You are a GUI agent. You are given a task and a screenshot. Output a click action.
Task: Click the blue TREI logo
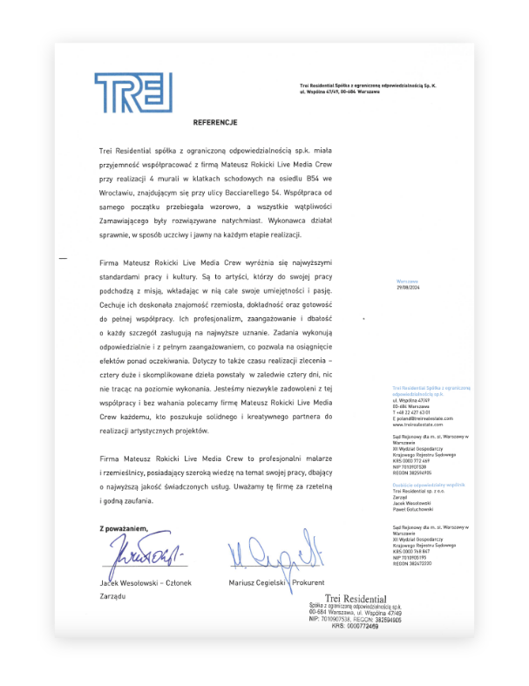tap(133, 92)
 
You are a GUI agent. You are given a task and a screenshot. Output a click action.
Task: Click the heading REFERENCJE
tap(214, 123)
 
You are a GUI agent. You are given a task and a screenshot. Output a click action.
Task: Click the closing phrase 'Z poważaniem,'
tap(123, 527)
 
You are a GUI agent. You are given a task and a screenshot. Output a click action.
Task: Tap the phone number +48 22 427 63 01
tap(412, 412)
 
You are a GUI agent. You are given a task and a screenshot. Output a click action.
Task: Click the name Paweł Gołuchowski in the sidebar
tap(413, 509)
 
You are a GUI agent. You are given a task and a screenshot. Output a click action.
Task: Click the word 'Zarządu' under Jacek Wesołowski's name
tap(113, 595)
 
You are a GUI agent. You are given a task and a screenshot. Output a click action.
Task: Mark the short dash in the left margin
tap(62, 259)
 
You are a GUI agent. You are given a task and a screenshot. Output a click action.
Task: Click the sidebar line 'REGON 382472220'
tap(413, 563)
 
